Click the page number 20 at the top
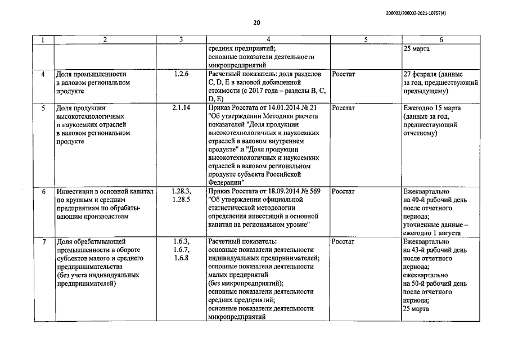click(x=256, y=23)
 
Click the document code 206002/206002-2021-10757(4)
click(x=455, y=10)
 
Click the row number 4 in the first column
click(x=44, y=74)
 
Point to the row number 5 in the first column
click(x=44, y=107)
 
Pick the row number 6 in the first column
click(x=44, y=191)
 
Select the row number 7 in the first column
click(x=44, y=241)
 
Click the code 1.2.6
click(x=181, y=74)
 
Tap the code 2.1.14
click(x=181, y=107)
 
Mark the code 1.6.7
click(x=181, y=250)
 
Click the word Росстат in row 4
click(x=344, y=74)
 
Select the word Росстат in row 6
click(x=344, y=191)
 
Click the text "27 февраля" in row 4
click(x=421, y=74)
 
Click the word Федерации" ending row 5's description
click(x=226, y=183)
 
